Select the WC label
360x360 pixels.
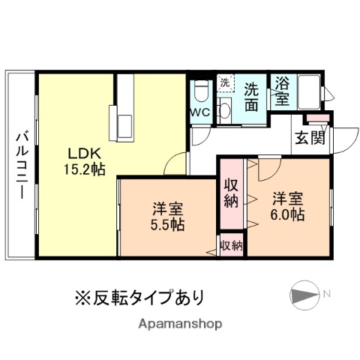coord(199,112)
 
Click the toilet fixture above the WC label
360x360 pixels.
coord(200,91)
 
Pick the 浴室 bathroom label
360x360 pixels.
coord(282,91)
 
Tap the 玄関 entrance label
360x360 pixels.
coord(309,137)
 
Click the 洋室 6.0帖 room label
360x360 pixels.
coord(288,205)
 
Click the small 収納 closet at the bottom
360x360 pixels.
coord(231,245)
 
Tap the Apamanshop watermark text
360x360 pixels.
coord(179,324)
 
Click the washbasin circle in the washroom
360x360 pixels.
coord(223,112)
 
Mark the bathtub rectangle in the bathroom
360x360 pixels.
coord(308,91)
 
